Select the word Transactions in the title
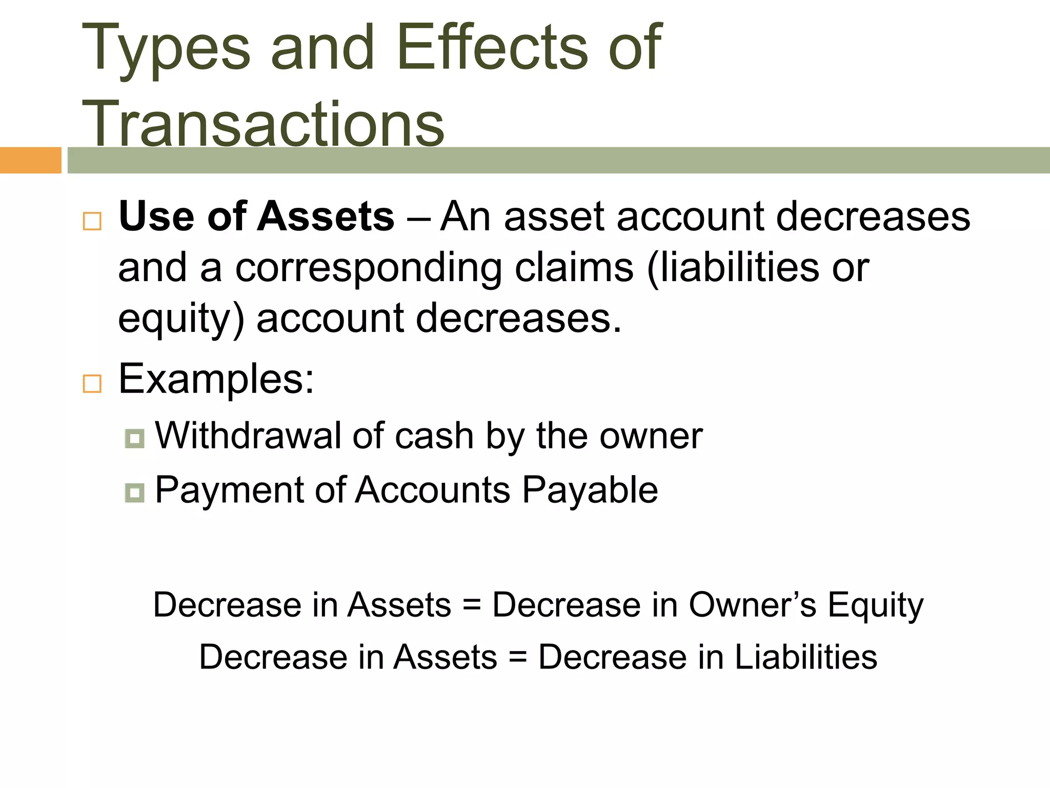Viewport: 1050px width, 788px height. tap(263, 124)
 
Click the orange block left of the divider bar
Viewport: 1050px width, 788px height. tap(30, 160)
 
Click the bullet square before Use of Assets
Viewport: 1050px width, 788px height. tap(92, 221)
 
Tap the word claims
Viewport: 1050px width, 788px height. tap(574, 268)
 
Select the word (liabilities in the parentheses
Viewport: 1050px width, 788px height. tap(733, 268)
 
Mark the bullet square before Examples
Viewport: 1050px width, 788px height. tap(92, 383)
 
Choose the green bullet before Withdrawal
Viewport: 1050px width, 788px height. tap(134, 439)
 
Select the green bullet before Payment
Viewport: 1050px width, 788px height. tap(134, 493)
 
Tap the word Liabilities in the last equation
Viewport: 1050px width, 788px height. tap(805, 657)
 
